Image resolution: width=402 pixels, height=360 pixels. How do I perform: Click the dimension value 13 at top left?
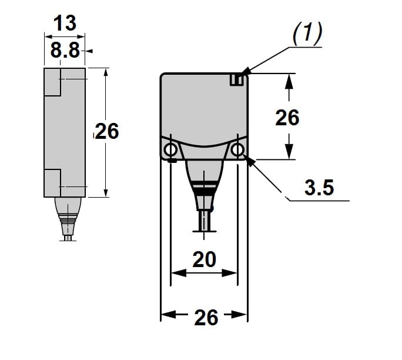(x=65, y=24)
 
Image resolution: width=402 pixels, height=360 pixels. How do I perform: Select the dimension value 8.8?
(x=65, y=51)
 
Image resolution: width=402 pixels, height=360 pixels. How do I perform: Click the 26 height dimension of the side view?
(x=107, y=131)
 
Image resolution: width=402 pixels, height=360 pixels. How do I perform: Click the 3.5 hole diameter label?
(x=319, y=188)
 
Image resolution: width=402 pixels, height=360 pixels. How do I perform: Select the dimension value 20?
(x=204, y=259)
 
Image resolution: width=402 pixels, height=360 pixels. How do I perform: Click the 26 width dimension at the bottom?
(x=206, y=317)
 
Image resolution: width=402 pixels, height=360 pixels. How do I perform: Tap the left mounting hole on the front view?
(x=170, y=149)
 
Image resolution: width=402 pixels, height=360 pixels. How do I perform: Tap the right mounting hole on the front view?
(x=237, y=150)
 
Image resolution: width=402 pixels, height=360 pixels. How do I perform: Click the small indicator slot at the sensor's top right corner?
(x=236, y=79)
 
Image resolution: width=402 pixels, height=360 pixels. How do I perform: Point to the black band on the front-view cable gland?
(x=203, y=192)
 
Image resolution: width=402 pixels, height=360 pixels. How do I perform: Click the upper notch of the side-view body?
(x=52, y=82)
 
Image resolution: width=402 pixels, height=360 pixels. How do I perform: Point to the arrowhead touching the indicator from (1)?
(x=246, y=73)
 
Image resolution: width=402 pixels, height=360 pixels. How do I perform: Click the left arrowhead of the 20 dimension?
(x=176, y=273)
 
